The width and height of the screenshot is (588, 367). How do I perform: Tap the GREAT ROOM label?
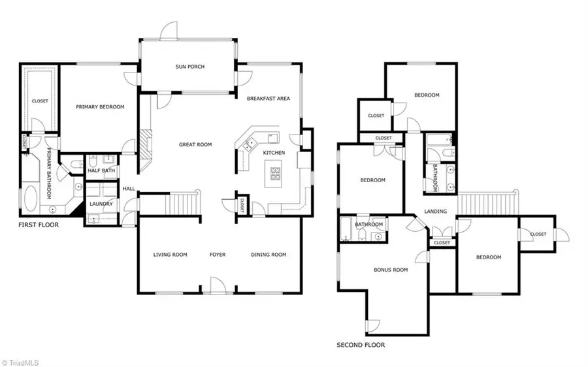click(x=196, y=144)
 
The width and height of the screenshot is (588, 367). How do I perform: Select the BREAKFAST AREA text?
click(x=268, y=99)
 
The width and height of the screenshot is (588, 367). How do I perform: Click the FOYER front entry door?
click(x=216, y=285)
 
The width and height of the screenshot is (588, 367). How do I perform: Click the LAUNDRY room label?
click(x=101, y=204)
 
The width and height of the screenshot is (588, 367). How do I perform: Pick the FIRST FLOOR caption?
click(x=38, y=225)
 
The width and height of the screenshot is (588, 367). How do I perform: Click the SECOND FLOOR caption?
click(x=361, y=345)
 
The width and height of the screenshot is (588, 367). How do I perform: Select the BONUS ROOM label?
click(x=390, y=269)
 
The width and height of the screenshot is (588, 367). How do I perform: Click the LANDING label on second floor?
click(x=435, y=212)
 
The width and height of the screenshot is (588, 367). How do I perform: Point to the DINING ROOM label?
click(x=269, y=255)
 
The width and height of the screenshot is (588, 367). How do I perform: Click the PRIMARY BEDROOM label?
click(x=100, y=107)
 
